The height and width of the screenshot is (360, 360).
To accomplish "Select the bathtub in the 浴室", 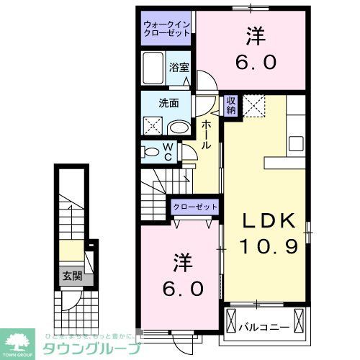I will pyautogui.click(x=152, y=70).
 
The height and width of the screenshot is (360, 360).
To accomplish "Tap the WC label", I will pyautogui.click(x=167, y=152).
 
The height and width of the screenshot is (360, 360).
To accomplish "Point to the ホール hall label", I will pyautogui.click(x=206, y=135).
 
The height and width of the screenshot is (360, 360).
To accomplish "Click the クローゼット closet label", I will pyautogui.click(x=194, y=207).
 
